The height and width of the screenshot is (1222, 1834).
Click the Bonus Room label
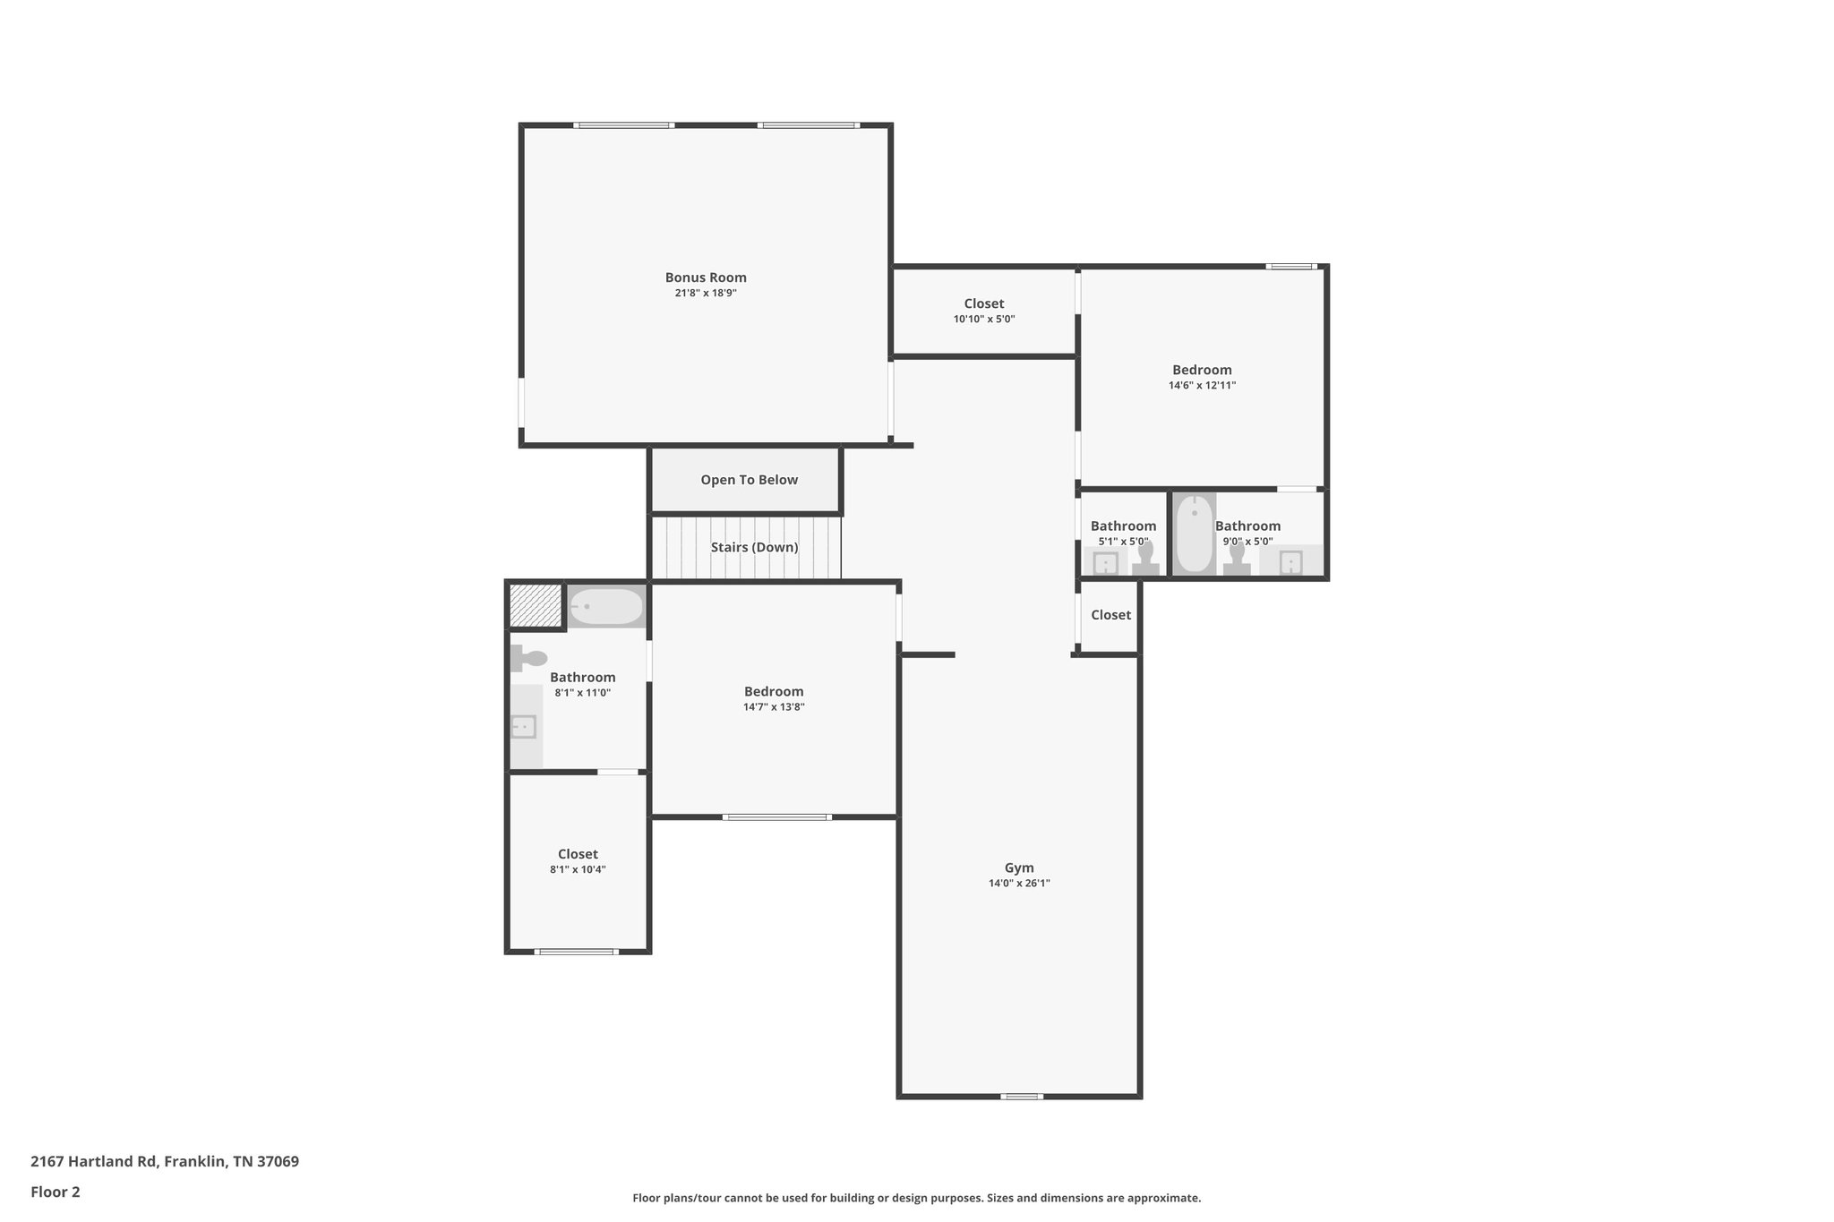click(x=706, y=278)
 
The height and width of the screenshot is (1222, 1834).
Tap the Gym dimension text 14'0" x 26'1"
click(x=1019, y=884)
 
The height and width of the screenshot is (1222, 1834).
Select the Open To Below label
click(x=749, y=480)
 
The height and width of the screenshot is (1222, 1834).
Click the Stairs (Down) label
click(x=754, y=547)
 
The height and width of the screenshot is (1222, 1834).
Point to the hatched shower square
click(x=535, y=606)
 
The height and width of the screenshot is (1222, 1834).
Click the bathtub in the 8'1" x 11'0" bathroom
click(x=606, y=607)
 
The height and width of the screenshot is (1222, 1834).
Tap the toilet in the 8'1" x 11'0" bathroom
click(x=529, y=659)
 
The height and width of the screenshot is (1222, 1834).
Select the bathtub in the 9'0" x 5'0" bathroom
click(x=1194, y=534)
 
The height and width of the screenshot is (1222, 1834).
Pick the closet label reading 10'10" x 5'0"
click(x=983, y=320)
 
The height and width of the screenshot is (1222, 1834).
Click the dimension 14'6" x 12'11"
click(x=1202, y=386)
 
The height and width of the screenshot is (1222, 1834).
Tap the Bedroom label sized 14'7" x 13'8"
click(x=774, y=691)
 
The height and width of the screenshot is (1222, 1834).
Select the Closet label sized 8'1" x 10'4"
click(x=578, y=854)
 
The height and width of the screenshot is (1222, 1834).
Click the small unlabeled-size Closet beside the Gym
click(x=1110, y=615)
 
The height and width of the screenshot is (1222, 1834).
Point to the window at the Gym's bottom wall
click(x=1022, y=1097)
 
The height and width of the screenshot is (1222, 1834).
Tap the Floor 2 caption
click(x=56, y=1192)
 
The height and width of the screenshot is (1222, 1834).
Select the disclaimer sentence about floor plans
click(x=916, y=1198)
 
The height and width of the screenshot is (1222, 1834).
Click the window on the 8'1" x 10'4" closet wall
click(x=576, y=952)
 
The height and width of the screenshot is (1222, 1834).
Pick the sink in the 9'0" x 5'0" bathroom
click(x=1290, y=562)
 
